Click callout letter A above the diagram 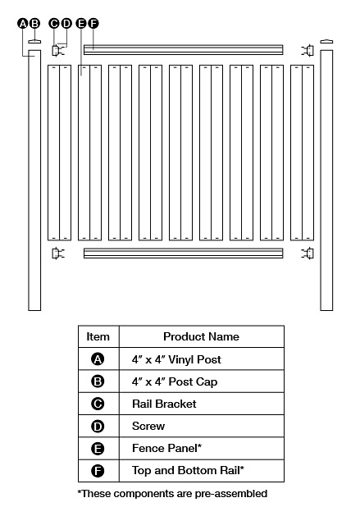23,24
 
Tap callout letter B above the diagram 34,24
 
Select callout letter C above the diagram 55,24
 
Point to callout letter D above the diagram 66,24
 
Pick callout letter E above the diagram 81,24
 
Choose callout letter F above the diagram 93,24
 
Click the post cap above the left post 34,41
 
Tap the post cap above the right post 326,41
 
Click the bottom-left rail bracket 57,253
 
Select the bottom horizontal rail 183,253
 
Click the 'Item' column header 98,336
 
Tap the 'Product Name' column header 201,336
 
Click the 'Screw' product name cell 148,426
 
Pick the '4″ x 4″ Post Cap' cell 175,381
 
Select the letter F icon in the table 98,471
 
